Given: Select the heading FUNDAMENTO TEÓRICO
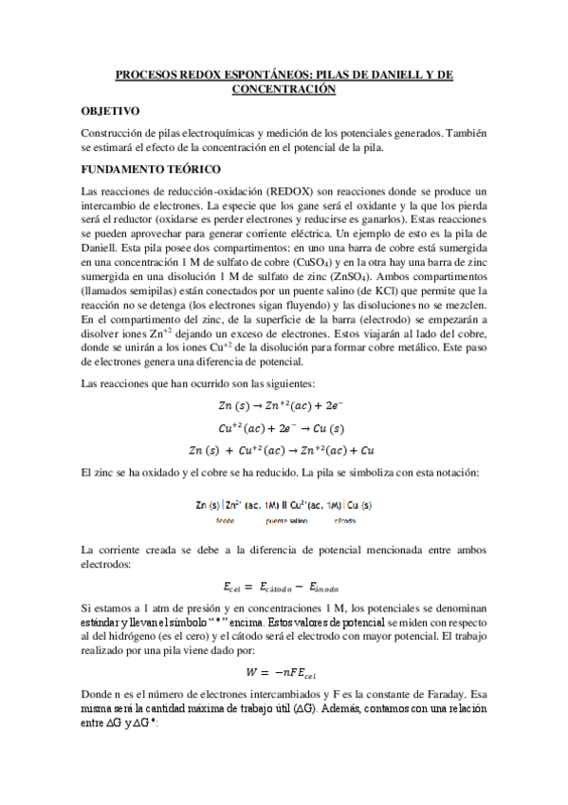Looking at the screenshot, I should (138, 170).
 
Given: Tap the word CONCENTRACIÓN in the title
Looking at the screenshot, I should (284, 87).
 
